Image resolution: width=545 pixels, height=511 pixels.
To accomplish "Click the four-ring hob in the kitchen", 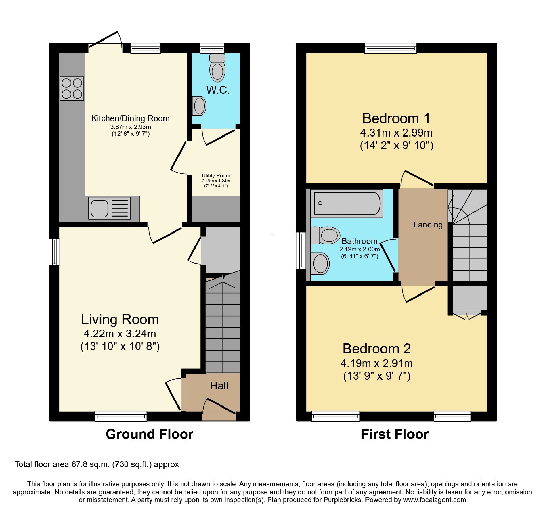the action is (72, 89).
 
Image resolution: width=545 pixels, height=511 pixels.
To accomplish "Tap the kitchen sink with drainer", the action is (110, 208).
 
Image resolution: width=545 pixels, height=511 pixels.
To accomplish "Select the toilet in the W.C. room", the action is (217, 68).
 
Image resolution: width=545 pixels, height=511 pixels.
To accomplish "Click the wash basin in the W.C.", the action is (199, 106).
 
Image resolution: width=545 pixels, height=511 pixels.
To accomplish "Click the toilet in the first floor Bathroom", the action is (325, 235).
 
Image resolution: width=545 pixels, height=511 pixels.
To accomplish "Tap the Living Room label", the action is (120, 319).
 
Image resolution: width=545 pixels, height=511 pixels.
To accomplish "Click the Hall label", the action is (219, 386).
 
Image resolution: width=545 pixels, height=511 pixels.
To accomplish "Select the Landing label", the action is (428, 225).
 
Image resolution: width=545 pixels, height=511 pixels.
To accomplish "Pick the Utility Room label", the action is (216, 176).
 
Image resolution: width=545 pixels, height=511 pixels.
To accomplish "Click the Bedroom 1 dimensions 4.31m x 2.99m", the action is (396, 133).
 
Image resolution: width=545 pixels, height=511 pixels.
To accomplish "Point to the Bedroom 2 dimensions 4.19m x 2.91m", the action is (377, 363).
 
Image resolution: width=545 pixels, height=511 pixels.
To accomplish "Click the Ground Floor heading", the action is (150, 434).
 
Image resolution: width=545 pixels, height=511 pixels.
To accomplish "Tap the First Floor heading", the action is (395, 434).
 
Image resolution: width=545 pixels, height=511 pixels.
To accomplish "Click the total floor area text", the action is (97, 464).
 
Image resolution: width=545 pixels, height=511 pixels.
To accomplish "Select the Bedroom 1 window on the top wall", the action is (390, 48).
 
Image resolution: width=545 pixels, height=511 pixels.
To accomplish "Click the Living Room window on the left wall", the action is (54, 252).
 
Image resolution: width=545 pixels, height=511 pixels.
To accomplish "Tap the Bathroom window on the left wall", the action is (301, 251).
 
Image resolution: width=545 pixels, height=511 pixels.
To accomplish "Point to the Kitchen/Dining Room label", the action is (130, 118).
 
